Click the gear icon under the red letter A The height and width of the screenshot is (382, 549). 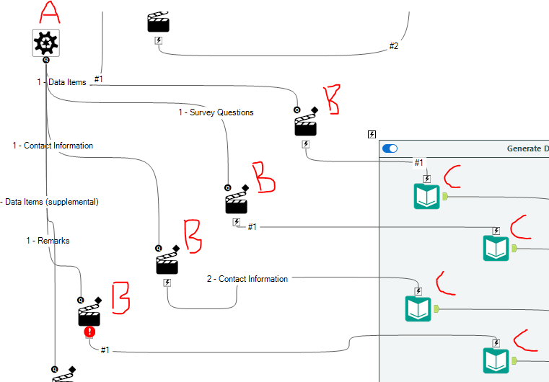(x=45, y=43)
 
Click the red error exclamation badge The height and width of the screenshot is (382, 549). (x=89, y=332)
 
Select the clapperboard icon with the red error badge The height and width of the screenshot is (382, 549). (x=89, y=315)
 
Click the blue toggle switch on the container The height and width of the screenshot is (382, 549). (x=390, y=148)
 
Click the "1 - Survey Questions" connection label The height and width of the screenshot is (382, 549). (x=216, y=112)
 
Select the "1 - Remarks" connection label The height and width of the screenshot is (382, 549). (x=48, y=240)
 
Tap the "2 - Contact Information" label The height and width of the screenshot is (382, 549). (x=247, y=279)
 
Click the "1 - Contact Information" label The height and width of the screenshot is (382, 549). (x=53, y=146)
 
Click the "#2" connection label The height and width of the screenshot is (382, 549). (x=393, y=46)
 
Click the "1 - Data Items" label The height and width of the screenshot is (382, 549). (x=61, y=82)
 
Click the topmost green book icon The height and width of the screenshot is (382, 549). (x=426, y=196)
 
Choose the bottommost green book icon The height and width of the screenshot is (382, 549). (x=496, y=360)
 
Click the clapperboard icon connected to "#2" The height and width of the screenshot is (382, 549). (x=159, y=22)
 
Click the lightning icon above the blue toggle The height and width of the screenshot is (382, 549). (x=372, y=134)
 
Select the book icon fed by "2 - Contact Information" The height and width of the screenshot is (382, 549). (x=418, y=308)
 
